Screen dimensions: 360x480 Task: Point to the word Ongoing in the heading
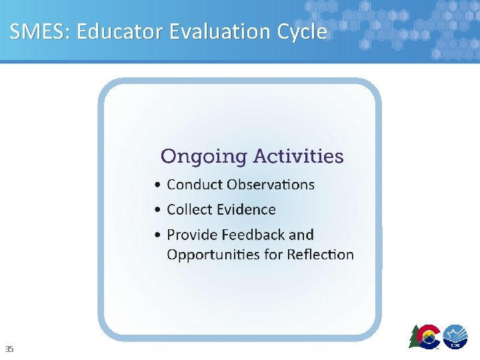click(203, 157)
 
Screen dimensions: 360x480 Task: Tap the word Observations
click(270, 184)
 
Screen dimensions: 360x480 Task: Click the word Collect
click(189, 209)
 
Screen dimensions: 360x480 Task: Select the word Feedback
click(253, 235)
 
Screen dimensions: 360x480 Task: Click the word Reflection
click(320, 254)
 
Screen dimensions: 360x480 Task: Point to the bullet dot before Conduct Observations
click(157, 185)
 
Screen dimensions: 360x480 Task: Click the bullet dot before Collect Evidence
click(157, 211)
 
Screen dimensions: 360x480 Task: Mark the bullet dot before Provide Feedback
click(157, 236)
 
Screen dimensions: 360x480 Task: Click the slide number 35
click(9, 349)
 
